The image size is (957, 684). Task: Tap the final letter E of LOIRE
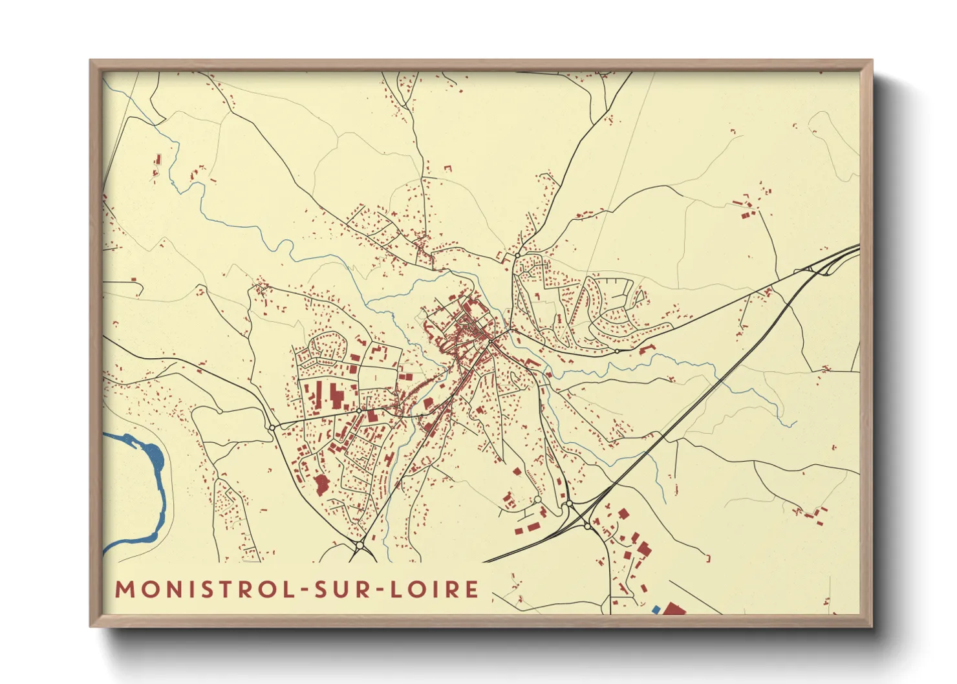(x=472, y=590)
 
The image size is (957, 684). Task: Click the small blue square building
(x=656, y=609)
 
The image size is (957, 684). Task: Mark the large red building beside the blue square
(x=674, y=608)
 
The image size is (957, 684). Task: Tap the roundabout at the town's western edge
(x=272, y=427)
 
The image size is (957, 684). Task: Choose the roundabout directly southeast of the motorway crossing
(x=587, y=526)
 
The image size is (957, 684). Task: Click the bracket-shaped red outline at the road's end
(x=708, y=557)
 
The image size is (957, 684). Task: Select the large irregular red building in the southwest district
(x=321, y=485)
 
